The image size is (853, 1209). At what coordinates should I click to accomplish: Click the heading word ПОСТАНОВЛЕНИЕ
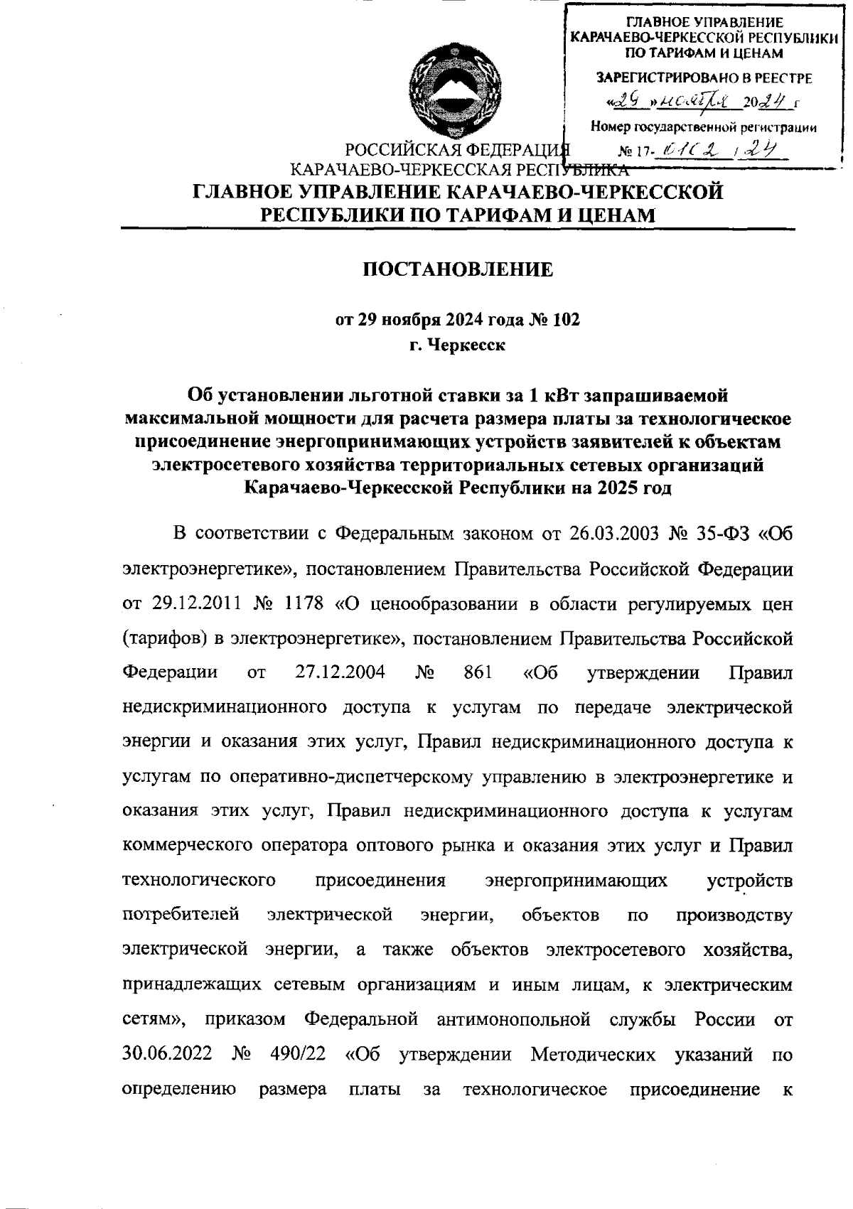pyautogui.click(x=458, y=269)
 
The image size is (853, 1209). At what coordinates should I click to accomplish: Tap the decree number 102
pyautogui.click(x=566, y=320)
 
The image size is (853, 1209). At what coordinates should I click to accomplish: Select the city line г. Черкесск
pyautogui.click(x=458, y=346)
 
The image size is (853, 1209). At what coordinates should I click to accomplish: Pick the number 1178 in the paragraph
pyautogui.click(x=303, y=603)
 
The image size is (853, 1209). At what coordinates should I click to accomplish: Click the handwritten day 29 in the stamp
pyautogui.click(x=625, y=102)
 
